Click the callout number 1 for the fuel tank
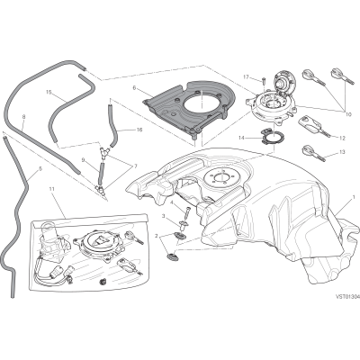coord(354,197)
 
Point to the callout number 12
coord(343,139)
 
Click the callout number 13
coord(342,151)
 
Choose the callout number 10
coord(348,114)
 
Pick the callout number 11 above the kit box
coord(52,189)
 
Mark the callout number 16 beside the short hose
coord(139,130)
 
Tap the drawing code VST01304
coord(347,297)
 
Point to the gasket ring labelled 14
coord(271,137)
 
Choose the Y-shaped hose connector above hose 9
coord(103,152)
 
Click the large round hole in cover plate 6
coord(201,103)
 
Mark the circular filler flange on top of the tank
coord(219,175)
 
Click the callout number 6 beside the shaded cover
coord(134,88)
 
